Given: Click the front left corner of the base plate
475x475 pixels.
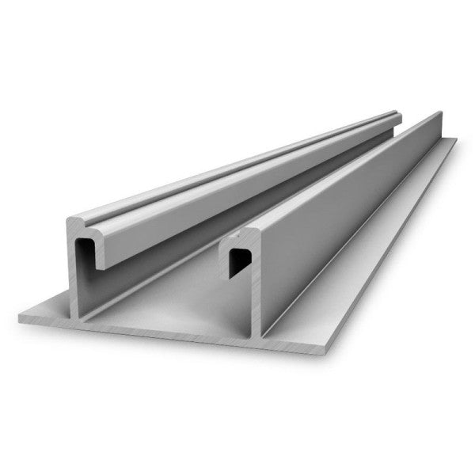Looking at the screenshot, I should pyautogui.click(x=20, y=320).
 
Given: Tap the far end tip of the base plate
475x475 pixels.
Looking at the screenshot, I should pyautogui.click(x=456, y=140).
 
